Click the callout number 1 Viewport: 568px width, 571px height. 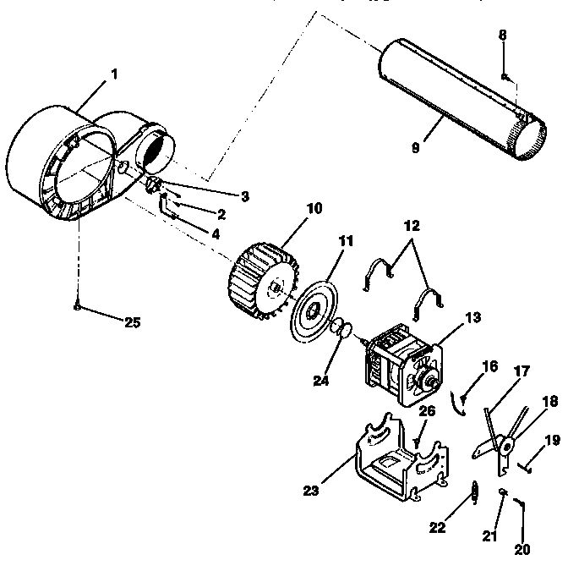[x=114, y=74]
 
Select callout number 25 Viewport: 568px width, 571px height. [x=131, y=321]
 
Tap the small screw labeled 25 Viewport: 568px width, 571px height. [x=77, y=306]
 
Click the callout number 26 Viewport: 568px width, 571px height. [x=428, y=411]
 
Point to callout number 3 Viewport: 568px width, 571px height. [x=244, y=196]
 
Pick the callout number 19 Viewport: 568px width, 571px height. [x=551, y=439]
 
